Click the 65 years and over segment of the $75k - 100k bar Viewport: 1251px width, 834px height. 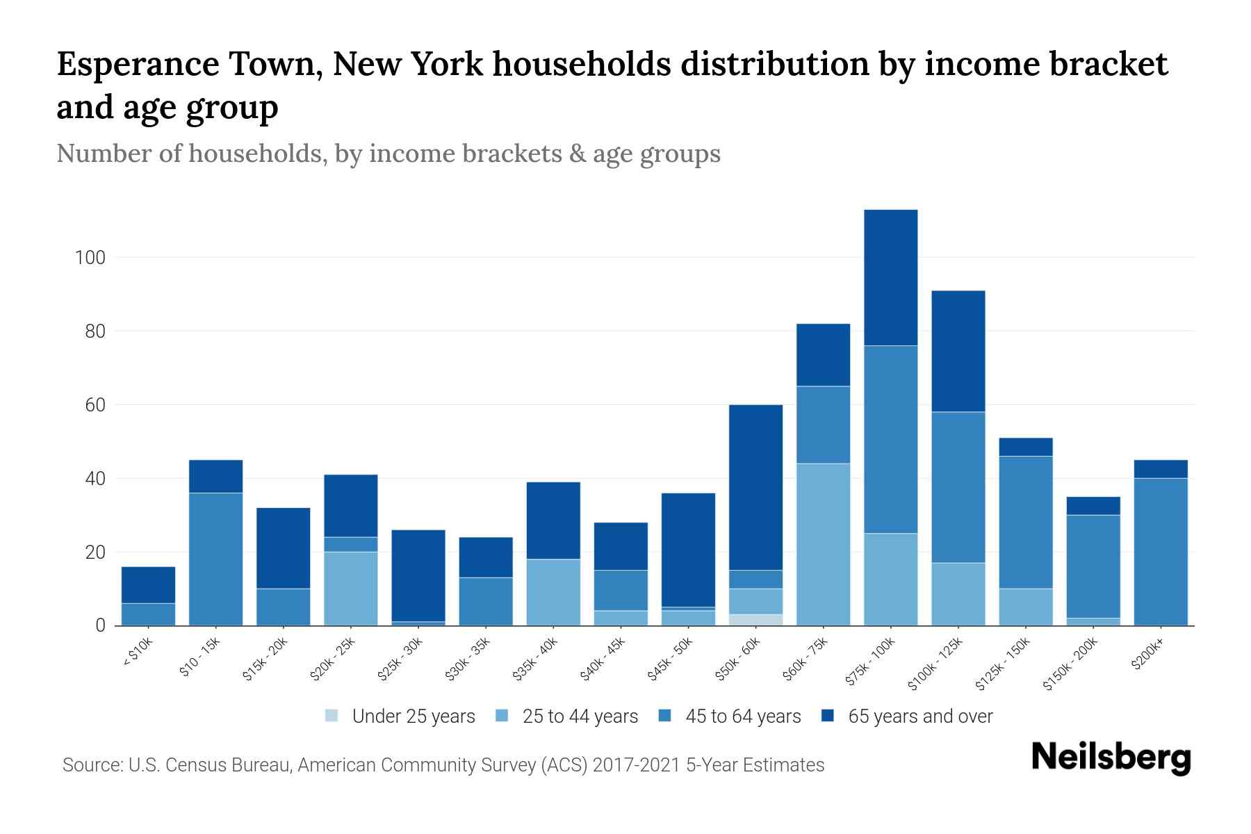click(890, 277)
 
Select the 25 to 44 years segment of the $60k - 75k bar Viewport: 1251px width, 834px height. click(823, 544)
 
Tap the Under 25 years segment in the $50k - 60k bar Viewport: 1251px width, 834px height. click(755, 620)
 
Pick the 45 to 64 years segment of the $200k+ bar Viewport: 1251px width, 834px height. click(1160, 552)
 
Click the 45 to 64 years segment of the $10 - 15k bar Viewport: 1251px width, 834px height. click(215, 559)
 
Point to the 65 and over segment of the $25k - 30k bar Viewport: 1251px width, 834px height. click(418, 575)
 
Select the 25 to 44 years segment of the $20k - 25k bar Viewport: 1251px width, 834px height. click(351, 589)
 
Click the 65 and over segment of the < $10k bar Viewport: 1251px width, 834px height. click(148, 585)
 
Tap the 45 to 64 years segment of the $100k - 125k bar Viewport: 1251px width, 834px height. click(958, 487)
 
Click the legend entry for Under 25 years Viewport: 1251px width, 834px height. click(401, 717)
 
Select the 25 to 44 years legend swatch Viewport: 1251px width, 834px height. click(502, 716)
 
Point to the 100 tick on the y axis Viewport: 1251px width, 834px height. click(90, 258)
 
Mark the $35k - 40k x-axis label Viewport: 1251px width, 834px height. click(536, 660)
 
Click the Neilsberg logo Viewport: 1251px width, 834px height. click(1111, 758)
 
